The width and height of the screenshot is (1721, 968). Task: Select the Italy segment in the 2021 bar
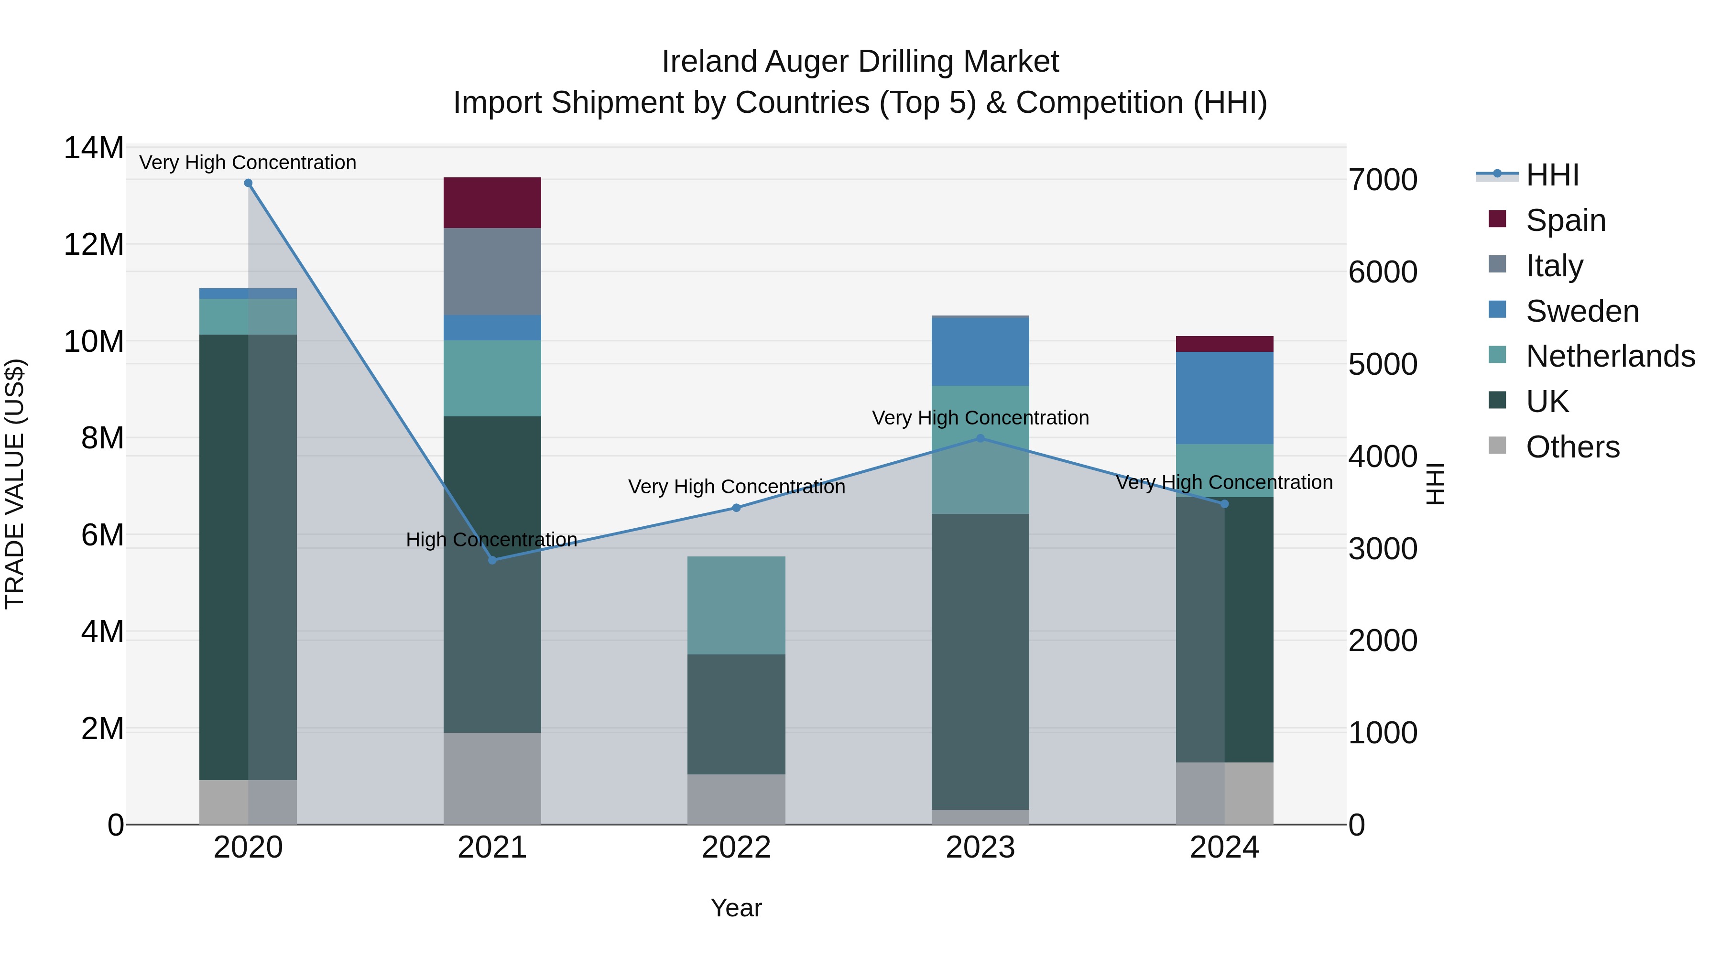coord(492,271)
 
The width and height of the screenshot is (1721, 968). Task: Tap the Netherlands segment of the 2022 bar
coord(736,605)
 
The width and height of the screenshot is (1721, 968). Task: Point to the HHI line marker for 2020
coord(248,183)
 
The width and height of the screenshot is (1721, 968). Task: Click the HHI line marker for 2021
coord(492,560)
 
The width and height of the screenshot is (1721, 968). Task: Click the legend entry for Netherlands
coord(1610,356)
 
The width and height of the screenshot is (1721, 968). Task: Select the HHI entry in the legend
coord(1552,175)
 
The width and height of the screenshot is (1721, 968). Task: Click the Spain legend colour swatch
coord(1497,219)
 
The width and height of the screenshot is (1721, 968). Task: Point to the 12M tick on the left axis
coord(94,244)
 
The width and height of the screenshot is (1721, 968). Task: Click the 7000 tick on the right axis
coord(1382,180)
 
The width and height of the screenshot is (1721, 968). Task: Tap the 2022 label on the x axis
coord(736,848)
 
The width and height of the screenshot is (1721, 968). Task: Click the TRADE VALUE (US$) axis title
coord(15,484)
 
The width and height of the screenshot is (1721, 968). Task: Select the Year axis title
coord(736,908)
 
